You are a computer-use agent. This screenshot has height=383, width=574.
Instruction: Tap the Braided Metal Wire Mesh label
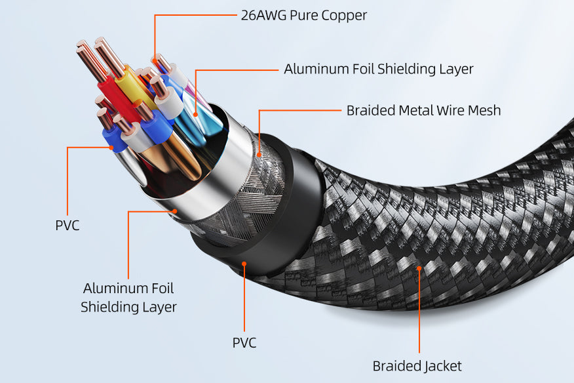point(423,110)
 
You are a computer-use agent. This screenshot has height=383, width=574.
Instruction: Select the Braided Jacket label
point(417,366)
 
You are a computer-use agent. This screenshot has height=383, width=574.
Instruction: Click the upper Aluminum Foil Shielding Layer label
point(378,69)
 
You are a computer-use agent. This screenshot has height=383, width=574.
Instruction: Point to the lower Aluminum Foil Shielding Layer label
point(128,297)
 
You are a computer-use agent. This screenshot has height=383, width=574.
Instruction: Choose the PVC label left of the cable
point(67,226)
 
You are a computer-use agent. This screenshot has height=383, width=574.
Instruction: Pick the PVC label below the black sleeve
point(244,342)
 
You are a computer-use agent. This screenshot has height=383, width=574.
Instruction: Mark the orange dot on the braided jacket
point(420,268)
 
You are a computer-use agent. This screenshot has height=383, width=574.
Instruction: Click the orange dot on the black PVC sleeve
point(244,264)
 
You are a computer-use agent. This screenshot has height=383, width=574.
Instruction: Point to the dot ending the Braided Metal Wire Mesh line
point(259,155)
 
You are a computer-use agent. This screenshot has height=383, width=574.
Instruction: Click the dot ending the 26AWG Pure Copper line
point(155,64)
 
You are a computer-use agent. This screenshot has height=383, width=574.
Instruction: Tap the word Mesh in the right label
point(484,110)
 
